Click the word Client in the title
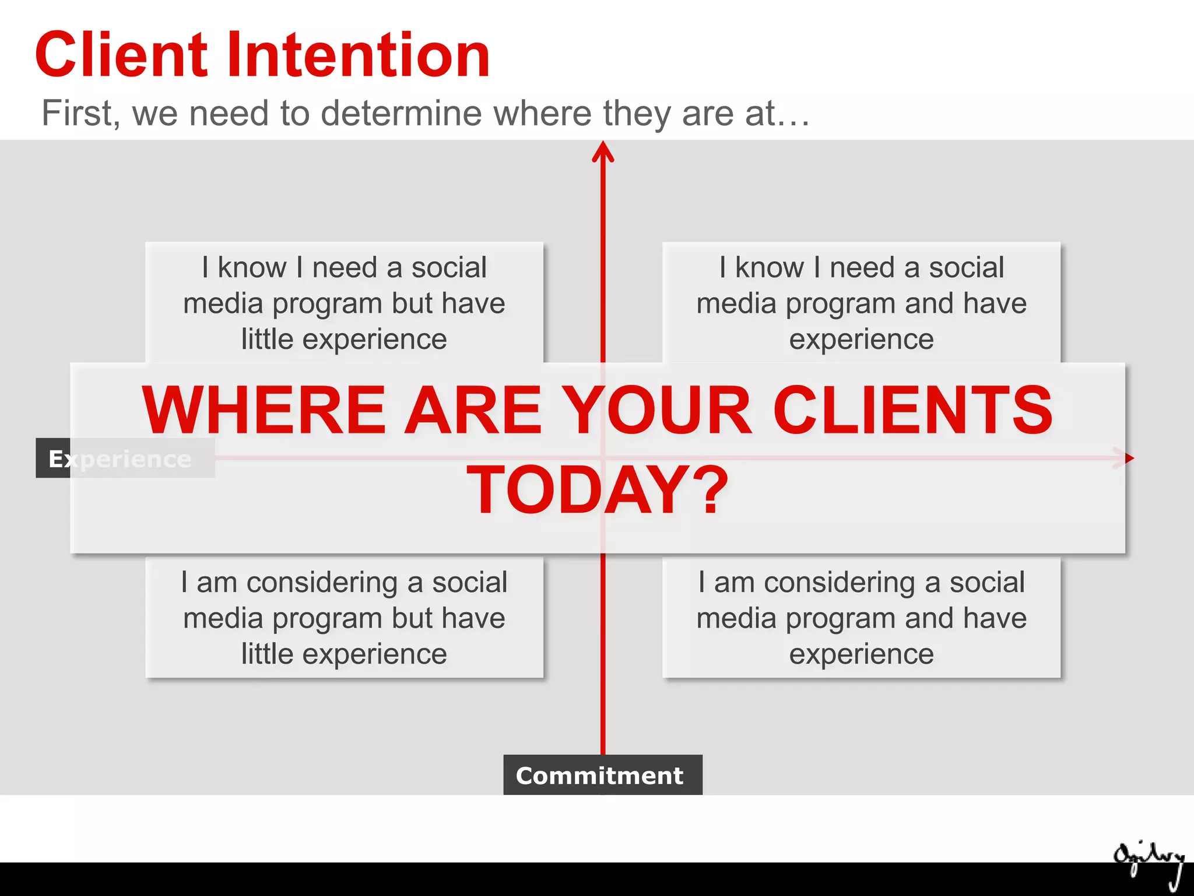point(121,55)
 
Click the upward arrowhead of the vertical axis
point(603,150)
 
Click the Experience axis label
point(120,459)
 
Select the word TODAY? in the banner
point(598,490)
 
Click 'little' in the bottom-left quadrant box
point(267,654)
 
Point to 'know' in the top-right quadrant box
point(770,268)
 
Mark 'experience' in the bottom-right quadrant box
point(861,654)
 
